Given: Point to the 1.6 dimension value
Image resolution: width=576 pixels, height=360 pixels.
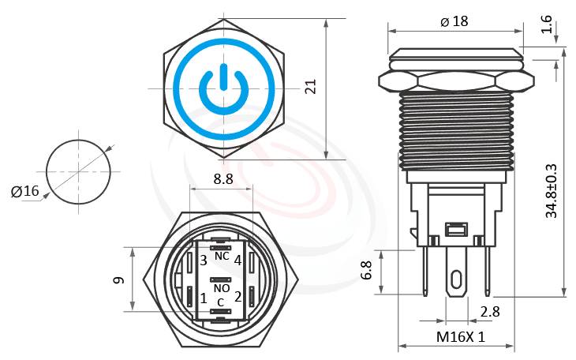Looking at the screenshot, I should pos(546,24).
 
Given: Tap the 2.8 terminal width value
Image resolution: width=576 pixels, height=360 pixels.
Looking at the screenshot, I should pos(490,312).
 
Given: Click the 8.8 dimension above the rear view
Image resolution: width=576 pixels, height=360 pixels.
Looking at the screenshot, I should pos(223,179).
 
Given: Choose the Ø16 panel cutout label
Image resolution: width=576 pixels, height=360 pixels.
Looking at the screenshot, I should pos(24,190).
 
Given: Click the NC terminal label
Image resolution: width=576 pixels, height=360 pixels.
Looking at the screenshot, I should pos(222,257).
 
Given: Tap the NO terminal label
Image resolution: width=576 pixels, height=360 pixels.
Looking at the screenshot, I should pos(222,289).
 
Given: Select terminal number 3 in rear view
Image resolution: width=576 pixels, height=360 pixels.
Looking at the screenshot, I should pos(203,260).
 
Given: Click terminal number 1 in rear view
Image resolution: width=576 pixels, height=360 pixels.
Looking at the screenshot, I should pos(204,298).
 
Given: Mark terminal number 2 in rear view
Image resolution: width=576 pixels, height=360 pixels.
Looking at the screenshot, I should pos(238,297).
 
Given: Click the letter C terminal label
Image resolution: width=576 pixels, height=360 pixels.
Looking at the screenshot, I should pos(220,302).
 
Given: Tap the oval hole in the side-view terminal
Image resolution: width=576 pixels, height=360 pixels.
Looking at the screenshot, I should pos(456,281).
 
